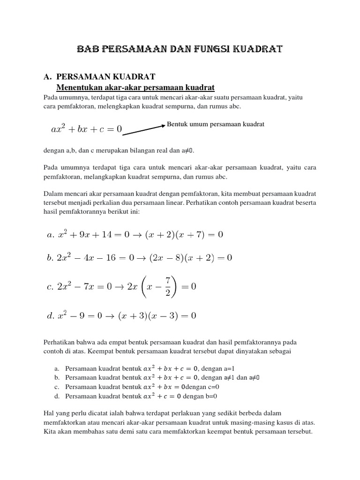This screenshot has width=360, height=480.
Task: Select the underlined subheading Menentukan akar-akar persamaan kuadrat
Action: pyautogui.click(x=135, y=87)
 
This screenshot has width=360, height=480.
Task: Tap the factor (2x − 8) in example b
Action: pyautogui.click(x=167, y=257)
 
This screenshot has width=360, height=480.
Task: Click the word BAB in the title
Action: pyautogui.click(x=88, y=49)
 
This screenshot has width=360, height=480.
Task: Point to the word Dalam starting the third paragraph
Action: pyautogui.click(x=53, y=193)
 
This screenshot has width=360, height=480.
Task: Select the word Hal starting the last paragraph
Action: pyautogui.click(x=49, y=413)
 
